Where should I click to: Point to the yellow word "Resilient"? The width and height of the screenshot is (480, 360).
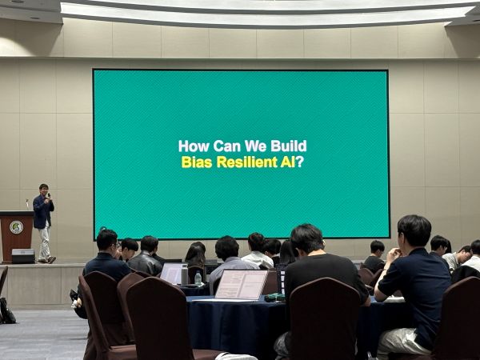point(247,162)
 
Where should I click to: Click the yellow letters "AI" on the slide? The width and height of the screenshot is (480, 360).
point(288,162)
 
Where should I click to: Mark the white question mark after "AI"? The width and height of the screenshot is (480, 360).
point(300,162)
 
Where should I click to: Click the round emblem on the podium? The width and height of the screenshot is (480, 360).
point(16,227)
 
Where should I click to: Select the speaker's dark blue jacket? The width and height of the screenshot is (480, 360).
point(42,211)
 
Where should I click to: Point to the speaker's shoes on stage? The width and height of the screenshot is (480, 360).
point(47,260)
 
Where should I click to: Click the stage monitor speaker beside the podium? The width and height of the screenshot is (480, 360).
point(23,256)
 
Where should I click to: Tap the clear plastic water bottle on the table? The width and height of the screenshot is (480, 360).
point(198,278)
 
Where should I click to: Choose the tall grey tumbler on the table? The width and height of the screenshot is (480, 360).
point(184,274)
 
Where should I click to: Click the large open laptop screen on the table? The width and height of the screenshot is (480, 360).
point(241,284)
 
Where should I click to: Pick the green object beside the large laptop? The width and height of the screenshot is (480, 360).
point(274,297)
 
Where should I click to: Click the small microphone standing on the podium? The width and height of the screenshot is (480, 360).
point(27,204)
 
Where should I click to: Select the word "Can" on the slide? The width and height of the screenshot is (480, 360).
point(227,146)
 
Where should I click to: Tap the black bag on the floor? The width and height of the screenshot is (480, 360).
point(6,311)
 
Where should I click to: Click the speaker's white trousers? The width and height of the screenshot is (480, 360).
point(45,242)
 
